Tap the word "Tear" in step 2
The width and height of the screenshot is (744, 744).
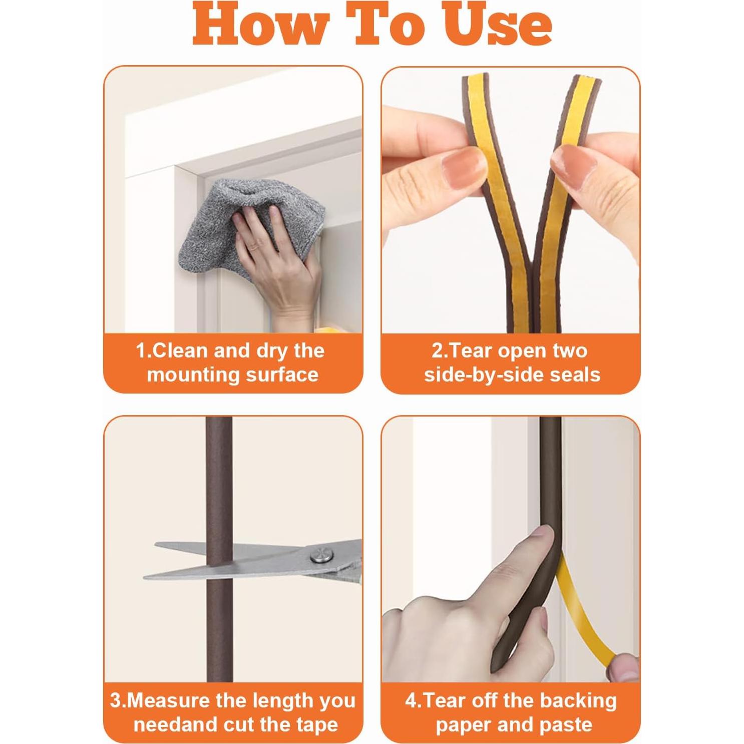coord(468,350)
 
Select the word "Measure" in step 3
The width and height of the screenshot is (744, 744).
coord(169,700)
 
